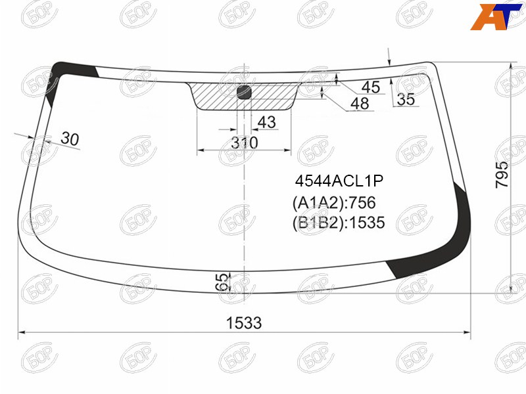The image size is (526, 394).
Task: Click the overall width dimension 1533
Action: tap(244, 323)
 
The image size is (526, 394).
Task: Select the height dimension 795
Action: tap(502, 175)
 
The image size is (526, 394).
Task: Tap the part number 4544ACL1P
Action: tap(339, 181)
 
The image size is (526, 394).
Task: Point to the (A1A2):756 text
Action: tap(334, 203)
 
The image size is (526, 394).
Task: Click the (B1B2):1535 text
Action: tap(339, 223)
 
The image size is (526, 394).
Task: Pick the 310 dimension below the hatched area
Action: tap(245, 143)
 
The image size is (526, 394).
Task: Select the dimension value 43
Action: tap(267, 122)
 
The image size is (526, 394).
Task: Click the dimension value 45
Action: tap(371, 87)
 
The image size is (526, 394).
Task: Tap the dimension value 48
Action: tap(360, 104)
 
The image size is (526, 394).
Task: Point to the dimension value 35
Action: tap(406, 99)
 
